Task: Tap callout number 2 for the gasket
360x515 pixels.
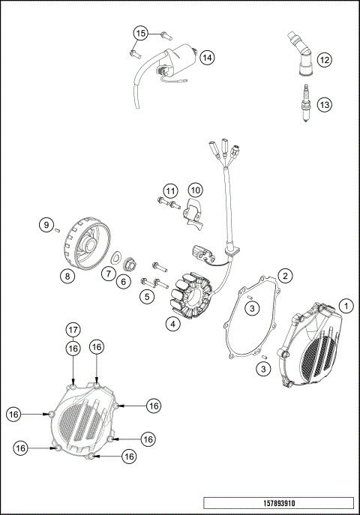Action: pyautogui.click(x=285, y=276)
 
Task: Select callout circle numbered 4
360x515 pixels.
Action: pyautogui.click(x=172, y=325)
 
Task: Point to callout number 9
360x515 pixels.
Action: pyautogui.click(x=45, y=224)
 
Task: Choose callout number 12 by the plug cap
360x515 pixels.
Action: pyautogui.click(x=324, y=58)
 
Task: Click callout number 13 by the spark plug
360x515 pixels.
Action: pyautogui.click(x=324, y=105)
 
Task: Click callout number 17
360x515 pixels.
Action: pyautogui.click(x=73, y=330)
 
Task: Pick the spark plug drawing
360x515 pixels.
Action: pyautogui.click(x=304, y=99)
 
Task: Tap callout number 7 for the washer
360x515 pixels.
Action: pyautogui.click(x=110, y=274)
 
